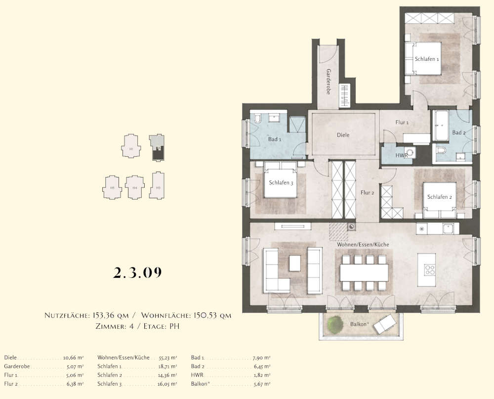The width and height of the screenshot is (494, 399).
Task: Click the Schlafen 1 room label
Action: click(x=427, y=59)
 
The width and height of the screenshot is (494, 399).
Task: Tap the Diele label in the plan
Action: click(x=343, y=134)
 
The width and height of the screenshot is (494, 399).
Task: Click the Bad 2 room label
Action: click(x=458, y=133)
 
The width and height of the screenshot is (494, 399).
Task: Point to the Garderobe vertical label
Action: click(x=328, y=82)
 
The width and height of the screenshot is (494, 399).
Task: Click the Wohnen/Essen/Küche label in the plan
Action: click(x=363, y=245)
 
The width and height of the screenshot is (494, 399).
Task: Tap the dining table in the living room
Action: click(x=364, y=272)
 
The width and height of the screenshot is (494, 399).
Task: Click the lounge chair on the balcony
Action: click(x=383, y=325)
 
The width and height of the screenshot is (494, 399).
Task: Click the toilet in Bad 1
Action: click(x=257, y=120)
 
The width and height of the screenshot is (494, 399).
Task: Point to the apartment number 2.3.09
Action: click(x=138, y=272)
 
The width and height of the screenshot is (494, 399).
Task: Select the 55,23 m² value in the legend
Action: click(x=168, y=357)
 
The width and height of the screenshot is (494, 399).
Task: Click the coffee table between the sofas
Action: click(x=295, y=263)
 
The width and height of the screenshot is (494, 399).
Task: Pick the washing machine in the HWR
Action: click(x=410, y=152)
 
